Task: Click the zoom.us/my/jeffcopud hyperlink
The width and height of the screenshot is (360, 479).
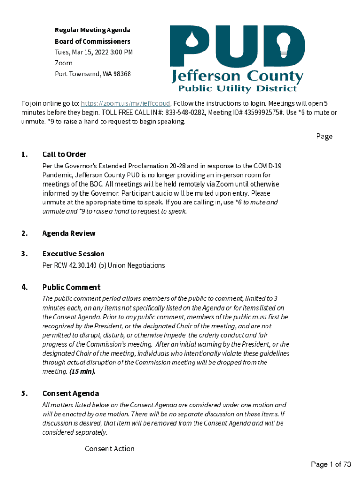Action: click(x=125, y=103)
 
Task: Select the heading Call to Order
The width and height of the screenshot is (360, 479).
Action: click(x=64, y=154)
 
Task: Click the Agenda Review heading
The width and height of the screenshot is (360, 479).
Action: click(x=69, y=233)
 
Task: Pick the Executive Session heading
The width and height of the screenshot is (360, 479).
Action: click(x=73, y=254)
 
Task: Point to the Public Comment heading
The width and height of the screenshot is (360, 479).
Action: click(x=71, y=287)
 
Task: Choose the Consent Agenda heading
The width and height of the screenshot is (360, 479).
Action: click(x=71, y=393)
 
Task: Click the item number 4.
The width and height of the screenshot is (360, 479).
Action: click(x=24, y=287)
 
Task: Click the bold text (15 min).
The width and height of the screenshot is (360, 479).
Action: click(x=82, y=371)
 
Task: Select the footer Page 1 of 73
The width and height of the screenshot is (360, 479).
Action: click(x=331, y=464)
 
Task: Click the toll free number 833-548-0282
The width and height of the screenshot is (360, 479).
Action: click(x=185, y=113)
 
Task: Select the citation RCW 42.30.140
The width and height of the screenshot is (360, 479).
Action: click(x=76, y=265)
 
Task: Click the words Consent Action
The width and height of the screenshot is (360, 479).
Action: click(x=109, y=449)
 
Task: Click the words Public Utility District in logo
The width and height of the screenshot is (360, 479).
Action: click(x=238, y=88)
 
